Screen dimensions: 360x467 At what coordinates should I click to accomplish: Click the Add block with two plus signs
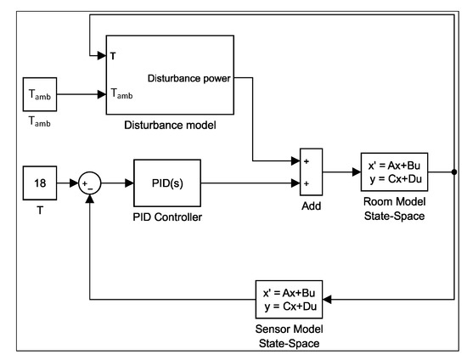click(312, 171)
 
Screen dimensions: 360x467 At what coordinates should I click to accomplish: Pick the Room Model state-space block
click(394, 171)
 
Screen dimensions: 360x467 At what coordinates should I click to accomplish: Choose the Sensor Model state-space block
click(290, 300)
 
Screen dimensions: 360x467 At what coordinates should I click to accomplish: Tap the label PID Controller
click(166, 217)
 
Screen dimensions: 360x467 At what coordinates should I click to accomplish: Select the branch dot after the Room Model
click(455, 171)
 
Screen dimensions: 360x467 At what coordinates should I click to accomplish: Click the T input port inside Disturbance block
click(113, 58)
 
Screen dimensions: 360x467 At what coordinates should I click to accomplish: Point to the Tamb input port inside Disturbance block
click(121, 96)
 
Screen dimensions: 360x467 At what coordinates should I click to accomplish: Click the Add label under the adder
click(311, 205)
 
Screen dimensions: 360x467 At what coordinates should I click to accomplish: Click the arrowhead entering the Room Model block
click(357, 171)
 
